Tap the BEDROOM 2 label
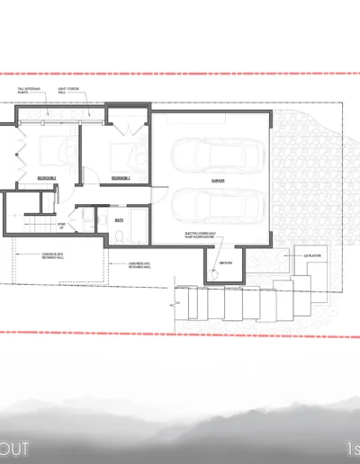point(120,179)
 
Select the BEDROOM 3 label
point(47,179)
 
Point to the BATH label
point(119,217)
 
